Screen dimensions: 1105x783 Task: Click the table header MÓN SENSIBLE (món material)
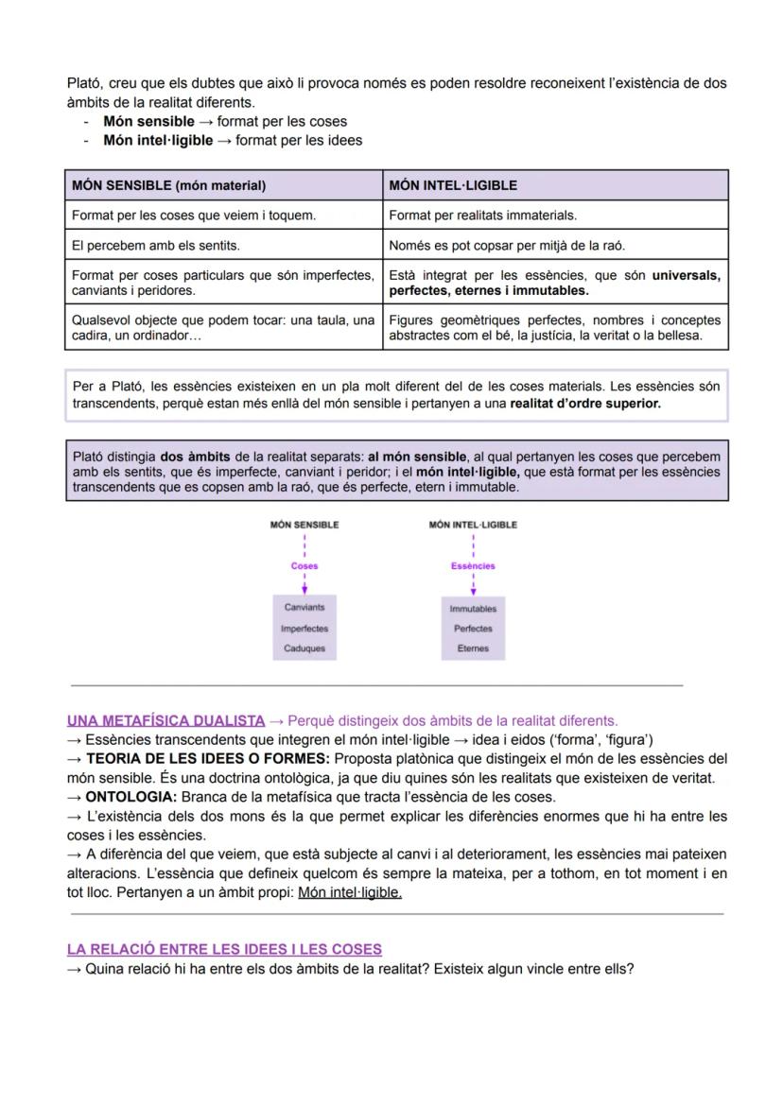point(168,185)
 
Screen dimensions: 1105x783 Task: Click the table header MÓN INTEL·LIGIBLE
point(452,185)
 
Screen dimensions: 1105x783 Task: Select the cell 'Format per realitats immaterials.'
point(482,216)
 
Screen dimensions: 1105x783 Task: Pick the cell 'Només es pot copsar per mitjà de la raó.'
point(507,246)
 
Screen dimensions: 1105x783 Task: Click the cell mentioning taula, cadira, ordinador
point(223,328)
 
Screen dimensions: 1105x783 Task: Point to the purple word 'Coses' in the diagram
point(304,566)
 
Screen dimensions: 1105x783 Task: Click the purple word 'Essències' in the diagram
point(473,566)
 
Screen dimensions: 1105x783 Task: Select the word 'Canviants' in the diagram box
point(304,608)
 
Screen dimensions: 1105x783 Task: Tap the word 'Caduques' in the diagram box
point(304,648)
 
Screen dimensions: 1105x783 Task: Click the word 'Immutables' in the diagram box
point(473,609)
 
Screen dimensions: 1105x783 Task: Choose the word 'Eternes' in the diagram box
point(473,648)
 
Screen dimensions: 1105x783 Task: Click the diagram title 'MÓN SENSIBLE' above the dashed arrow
point(304,525)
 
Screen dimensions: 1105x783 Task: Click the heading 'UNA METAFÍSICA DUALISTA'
point(165,720)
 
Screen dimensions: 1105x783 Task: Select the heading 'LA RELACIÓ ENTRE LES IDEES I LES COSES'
point(224,949)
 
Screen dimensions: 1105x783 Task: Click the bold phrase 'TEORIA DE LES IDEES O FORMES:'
point(208,758)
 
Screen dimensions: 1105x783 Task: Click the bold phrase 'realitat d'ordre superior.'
point(584,403)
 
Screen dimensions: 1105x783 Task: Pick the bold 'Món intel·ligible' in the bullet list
point(158,140)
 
